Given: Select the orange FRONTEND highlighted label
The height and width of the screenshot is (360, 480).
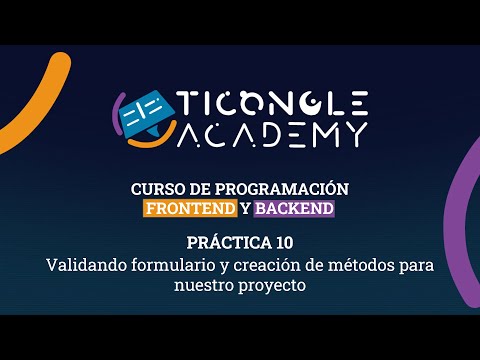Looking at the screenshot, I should [190, 209].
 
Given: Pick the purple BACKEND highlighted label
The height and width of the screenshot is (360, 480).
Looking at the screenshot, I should [294, 209].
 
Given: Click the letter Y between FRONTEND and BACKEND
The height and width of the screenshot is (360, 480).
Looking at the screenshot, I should [245, 209].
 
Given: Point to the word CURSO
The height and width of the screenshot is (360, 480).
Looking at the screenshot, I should [156, 189].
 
